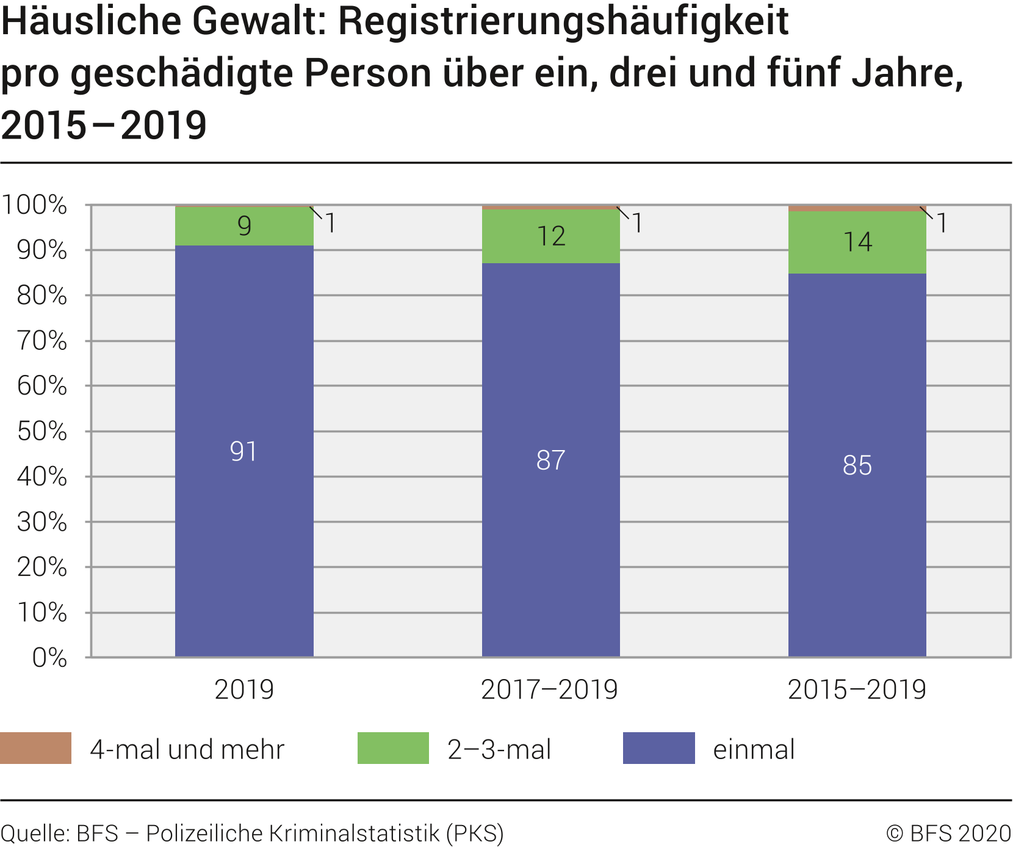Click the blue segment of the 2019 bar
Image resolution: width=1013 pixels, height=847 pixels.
click(244, 550)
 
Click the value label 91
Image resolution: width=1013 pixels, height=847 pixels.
click(243, 452)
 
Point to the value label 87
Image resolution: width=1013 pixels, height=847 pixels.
click(550, 460)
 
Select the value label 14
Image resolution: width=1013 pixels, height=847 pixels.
click(857, 242)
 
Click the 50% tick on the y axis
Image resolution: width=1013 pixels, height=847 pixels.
click(42, 431)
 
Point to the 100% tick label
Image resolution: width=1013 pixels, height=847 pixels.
click(35, 205)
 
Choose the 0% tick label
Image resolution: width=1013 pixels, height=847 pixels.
click(49, 658)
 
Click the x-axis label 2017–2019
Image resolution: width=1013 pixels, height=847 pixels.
click(549, 690)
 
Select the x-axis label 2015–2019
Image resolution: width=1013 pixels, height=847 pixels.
click(857, 690)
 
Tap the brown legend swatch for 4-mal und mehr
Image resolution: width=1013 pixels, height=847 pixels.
click(35, 748)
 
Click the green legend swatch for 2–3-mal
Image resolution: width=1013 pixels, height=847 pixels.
click(393, 748)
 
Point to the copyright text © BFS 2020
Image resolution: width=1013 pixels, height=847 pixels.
click(948, 834)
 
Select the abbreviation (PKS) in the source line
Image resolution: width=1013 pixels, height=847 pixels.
click(475, 834)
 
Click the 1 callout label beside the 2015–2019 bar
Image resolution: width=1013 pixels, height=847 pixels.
click(942, 224)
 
